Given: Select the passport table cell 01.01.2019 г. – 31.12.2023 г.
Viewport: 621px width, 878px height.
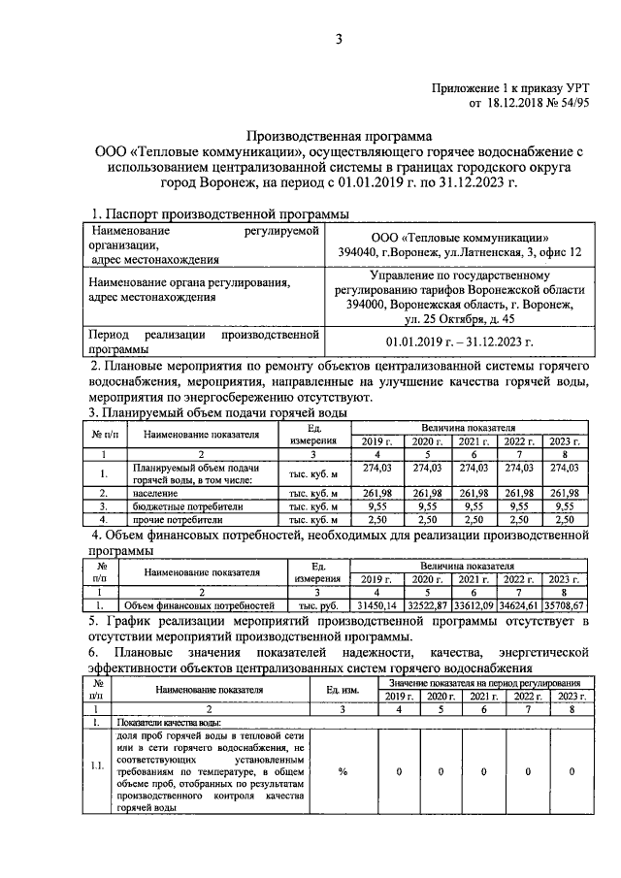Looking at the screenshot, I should (x=460, y=342).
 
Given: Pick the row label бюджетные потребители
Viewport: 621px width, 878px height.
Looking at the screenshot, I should (x=180, y=505).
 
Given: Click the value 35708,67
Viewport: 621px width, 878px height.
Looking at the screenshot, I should (x=568, y=605).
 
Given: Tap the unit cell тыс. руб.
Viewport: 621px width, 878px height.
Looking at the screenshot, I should (x=315, y=605).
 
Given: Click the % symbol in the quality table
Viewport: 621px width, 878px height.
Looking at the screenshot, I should (x=343, y=771).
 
